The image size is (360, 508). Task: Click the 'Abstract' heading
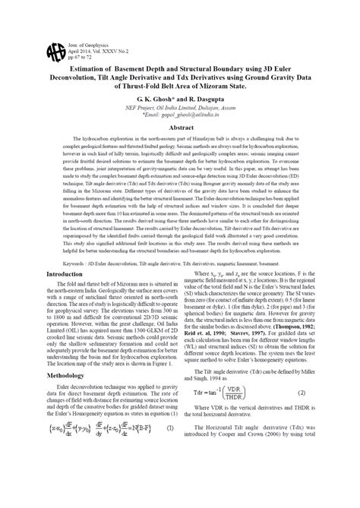pos(179,130)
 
